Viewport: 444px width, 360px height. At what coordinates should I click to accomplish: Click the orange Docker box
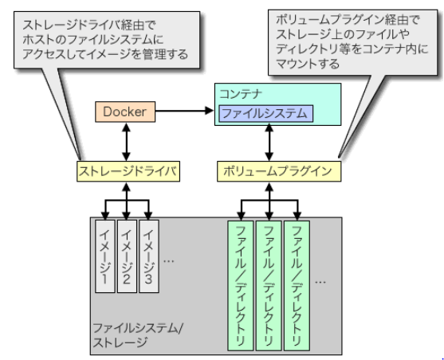pyautogui.click(x=124, y=112)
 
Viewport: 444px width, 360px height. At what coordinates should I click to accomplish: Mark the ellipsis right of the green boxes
pyautogui.click(x=321, y=280)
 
